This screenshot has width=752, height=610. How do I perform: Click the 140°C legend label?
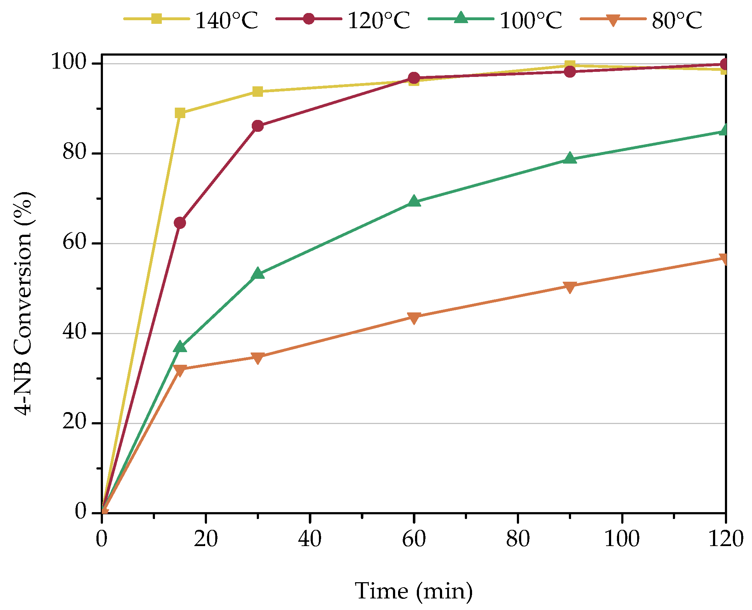(x=226, y=20)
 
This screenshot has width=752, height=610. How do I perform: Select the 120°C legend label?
(x=379, y=20)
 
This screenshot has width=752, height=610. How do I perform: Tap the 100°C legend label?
(x=531, y=20)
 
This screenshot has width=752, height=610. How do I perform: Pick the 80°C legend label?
(x=677, y=20)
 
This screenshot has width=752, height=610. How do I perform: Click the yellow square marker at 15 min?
(x=180, y=113)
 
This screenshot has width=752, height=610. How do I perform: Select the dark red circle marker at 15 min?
(x=180, y=223)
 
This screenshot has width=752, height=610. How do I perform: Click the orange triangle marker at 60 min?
(x=414, y=318)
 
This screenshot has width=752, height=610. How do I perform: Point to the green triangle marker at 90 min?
(x=570, y=158)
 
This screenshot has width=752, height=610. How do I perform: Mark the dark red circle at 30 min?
(x=258, y=126)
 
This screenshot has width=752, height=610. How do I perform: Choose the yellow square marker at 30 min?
(x=258, y=91)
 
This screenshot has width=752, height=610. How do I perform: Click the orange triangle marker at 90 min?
(x=570, y=287)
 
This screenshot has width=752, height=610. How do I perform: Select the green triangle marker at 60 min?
(x=414, y=202)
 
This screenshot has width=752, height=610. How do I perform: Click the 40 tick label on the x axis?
(x=310, y=539)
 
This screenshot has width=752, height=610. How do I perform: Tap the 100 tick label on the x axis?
(x=622, y=539)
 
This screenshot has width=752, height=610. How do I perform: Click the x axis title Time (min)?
(x=414, y=591)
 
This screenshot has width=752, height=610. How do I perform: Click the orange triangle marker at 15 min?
(x=180, y=370)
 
